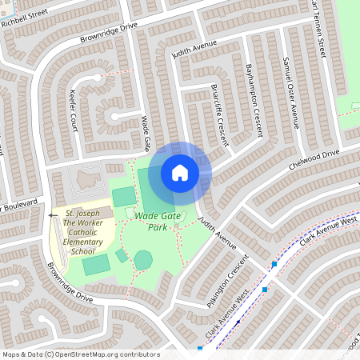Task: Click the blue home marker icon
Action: click(180, 172)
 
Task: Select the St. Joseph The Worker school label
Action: click(82, 233)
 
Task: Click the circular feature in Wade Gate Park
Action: click(142, 260)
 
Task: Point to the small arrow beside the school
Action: click(53, 215)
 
